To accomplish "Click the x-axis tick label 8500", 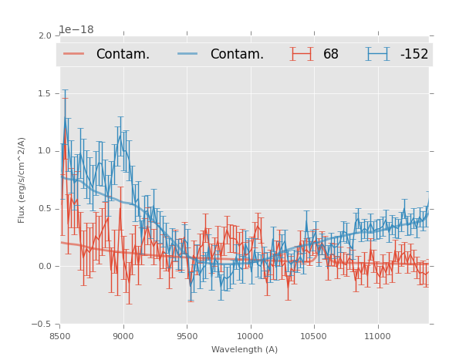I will pos(59,336).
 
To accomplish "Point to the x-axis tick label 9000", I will pos(123,336).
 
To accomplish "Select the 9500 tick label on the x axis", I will pos(187,336).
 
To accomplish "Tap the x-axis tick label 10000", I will pos(250,336).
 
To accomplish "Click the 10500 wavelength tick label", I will pos(313,336).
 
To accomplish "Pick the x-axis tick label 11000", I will pos(377,336).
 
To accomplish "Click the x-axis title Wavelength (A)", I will pos(245,349).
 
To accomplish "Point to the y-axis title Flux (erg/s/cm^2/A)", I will pos(22,180).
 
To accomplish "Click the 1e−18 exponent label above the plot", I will pos(76,29).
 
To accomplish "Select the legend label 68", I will pos(331,54).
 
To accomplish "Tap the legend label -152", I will pos(414,54).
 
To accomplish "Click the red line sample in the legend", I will pos(74,54).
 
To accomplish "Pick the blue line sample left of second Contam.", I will pos(188,54).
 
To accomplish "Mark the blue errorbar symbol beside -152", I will pos(378,54).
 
